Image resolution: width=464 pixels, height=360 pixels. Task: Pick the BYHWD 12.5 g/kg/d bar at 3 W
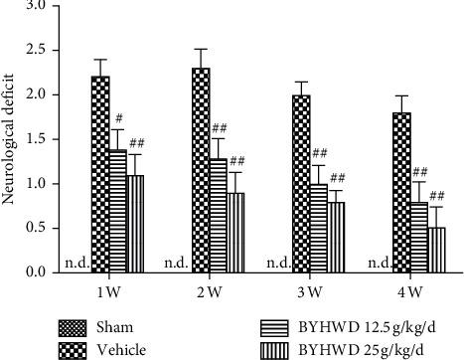pyautogui.click(x=319, y=228)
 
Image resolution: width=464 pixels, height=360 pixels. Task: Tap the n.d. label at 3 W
pyautogui.click(x=279, y=264)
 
